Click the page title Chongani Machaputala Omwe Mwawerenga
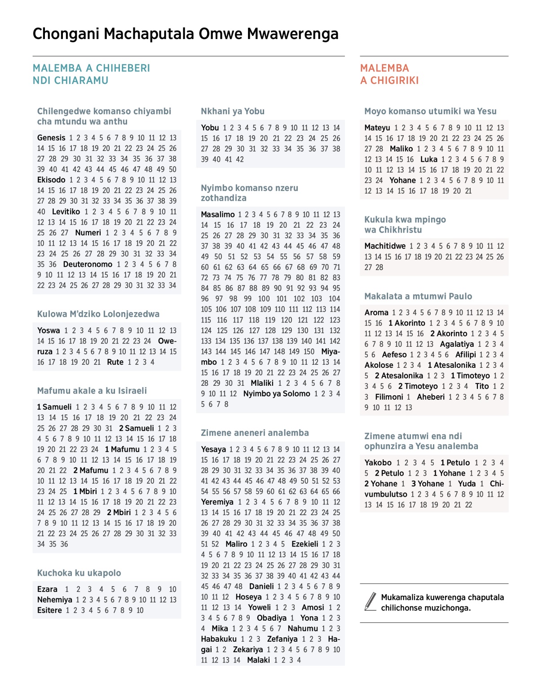[x=186, y=34]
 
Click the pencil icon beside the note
[x=371, y=602]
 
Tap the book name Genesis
[x=51, y=138]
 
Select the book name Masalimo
[x=218, y=215]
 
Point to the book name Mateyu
[x=377, y=128]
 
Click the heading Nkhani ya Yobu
[x=233, y=111]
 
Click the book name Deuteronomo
[x=88, y=265]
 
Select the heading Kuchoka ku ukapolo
[x=79, y=573]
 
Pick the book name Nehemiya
[x=55, y=600]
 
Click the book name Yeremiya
[x=217, y=502]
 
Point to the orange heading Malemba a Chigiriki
[x=389, y=75]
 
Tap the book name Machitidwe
[x=385, y=246]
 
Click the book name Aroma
[x=376, y=313]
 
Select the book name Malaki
[x=259, y=660]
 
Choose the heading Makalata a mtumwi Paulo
[x=418, y=296]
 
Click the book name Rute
[x=115, y=362]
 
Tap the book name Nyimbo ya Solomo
[x=277, y=394]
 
